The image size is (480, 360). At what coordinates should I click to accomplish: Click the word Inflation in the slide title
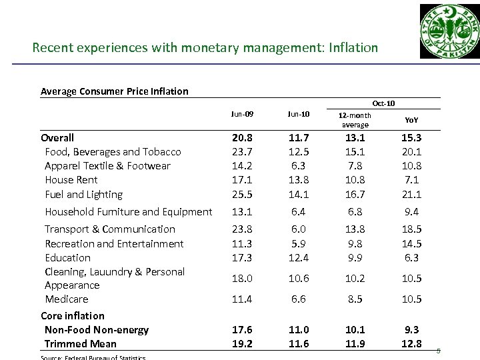[353, 48]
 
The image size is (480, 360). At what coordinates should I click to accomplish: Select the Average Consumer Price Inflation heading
[115, 91]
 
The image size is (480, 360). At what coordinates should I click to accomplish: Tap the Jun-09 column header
[243, 115]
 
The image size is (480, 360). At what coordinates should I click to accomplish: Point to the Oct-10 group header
[383, 103]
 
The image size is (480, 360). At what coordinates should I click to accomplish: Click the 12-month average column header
[355, 120]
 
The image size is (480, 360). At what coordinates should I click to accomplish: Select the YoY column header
[411, 121]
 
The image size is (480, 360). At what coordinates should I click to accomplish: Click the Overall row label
[57, 137]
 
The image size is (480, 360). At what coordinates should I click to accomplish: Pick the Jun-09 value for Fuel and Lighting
[243, 195]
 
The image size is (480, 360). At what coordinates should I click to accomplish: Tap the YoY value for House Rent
[411, 180]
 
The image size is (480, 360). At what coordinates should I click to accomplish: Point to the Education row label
[67, 257]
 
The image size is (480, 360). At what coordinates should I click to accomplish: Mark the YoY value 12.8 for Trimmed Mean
[411, 344]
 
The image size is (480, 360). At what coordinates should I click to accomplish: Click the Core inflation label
[73, 315]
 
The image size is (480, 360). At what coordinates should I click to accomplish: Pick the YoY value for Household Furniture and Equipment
[411, 212]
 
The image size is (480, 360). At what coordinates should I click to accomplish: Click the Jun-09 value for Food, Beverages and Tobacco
[243, 152]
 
